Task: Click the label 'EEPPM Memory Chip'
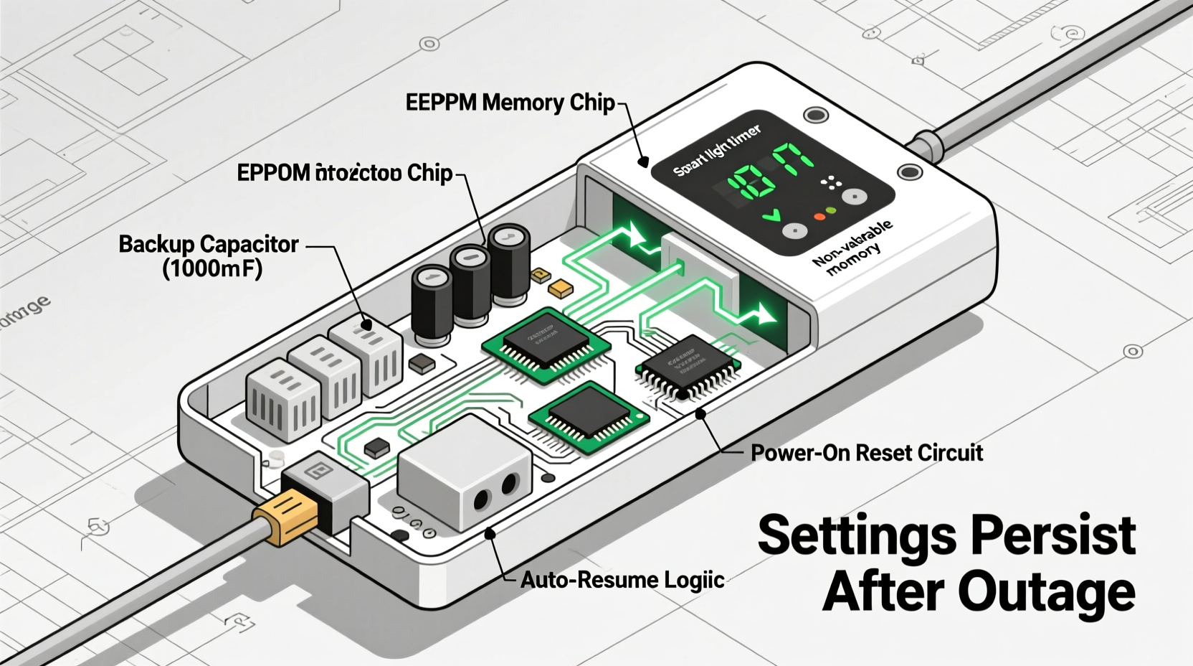click(510, 103)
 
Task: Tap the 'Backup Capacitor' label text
click(208, 245)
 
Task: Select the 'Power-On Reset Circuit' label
click(866, 453)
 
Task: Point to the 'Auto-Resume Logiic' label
click(622, 580)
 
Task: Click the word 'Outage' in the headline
click(1046, 593)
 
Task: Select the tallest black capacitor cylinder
click(509, 266)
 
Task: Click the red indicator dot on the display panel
click(819, 216)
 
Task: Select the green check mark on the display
click(771, 215)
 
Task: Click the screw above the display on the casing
click(815, 115)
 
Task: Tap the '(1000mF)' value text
click(212, 269)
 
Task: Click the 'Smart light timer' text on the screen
click(716, 151)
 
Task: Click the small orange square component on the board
click(560, 289)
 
